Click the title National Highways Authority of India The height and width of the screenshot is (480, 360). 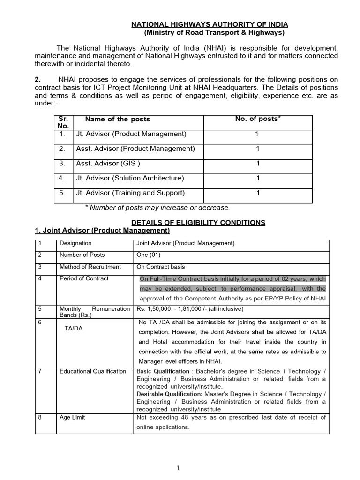[x=209, y=24]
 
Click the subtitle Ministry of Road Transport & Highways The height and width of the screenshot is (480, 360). [x=214, y=33]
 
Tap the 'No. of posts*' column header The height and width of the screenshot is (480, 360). [x=257, y=119]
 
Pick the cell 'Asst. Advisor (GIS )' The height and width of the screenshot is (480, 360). [x=108, y=164]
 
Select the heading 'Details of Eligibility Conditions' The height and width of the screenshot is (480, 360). [x=198, y=223]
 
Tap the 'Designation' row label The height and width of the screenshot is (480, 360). [x=75, y=243]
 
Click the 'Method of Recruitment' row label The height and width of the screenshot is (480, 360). [x=90, y=267]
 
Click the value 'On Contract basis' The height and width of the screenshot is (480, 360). [x=160, y=267]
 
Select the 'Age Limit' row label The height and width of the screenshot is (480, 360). [x=72, y=417]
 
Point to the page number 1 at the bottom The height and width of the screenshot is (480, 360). [x=179, y=468]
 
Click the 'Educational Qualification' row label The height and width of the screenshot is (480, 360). [x=93, y=371]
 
